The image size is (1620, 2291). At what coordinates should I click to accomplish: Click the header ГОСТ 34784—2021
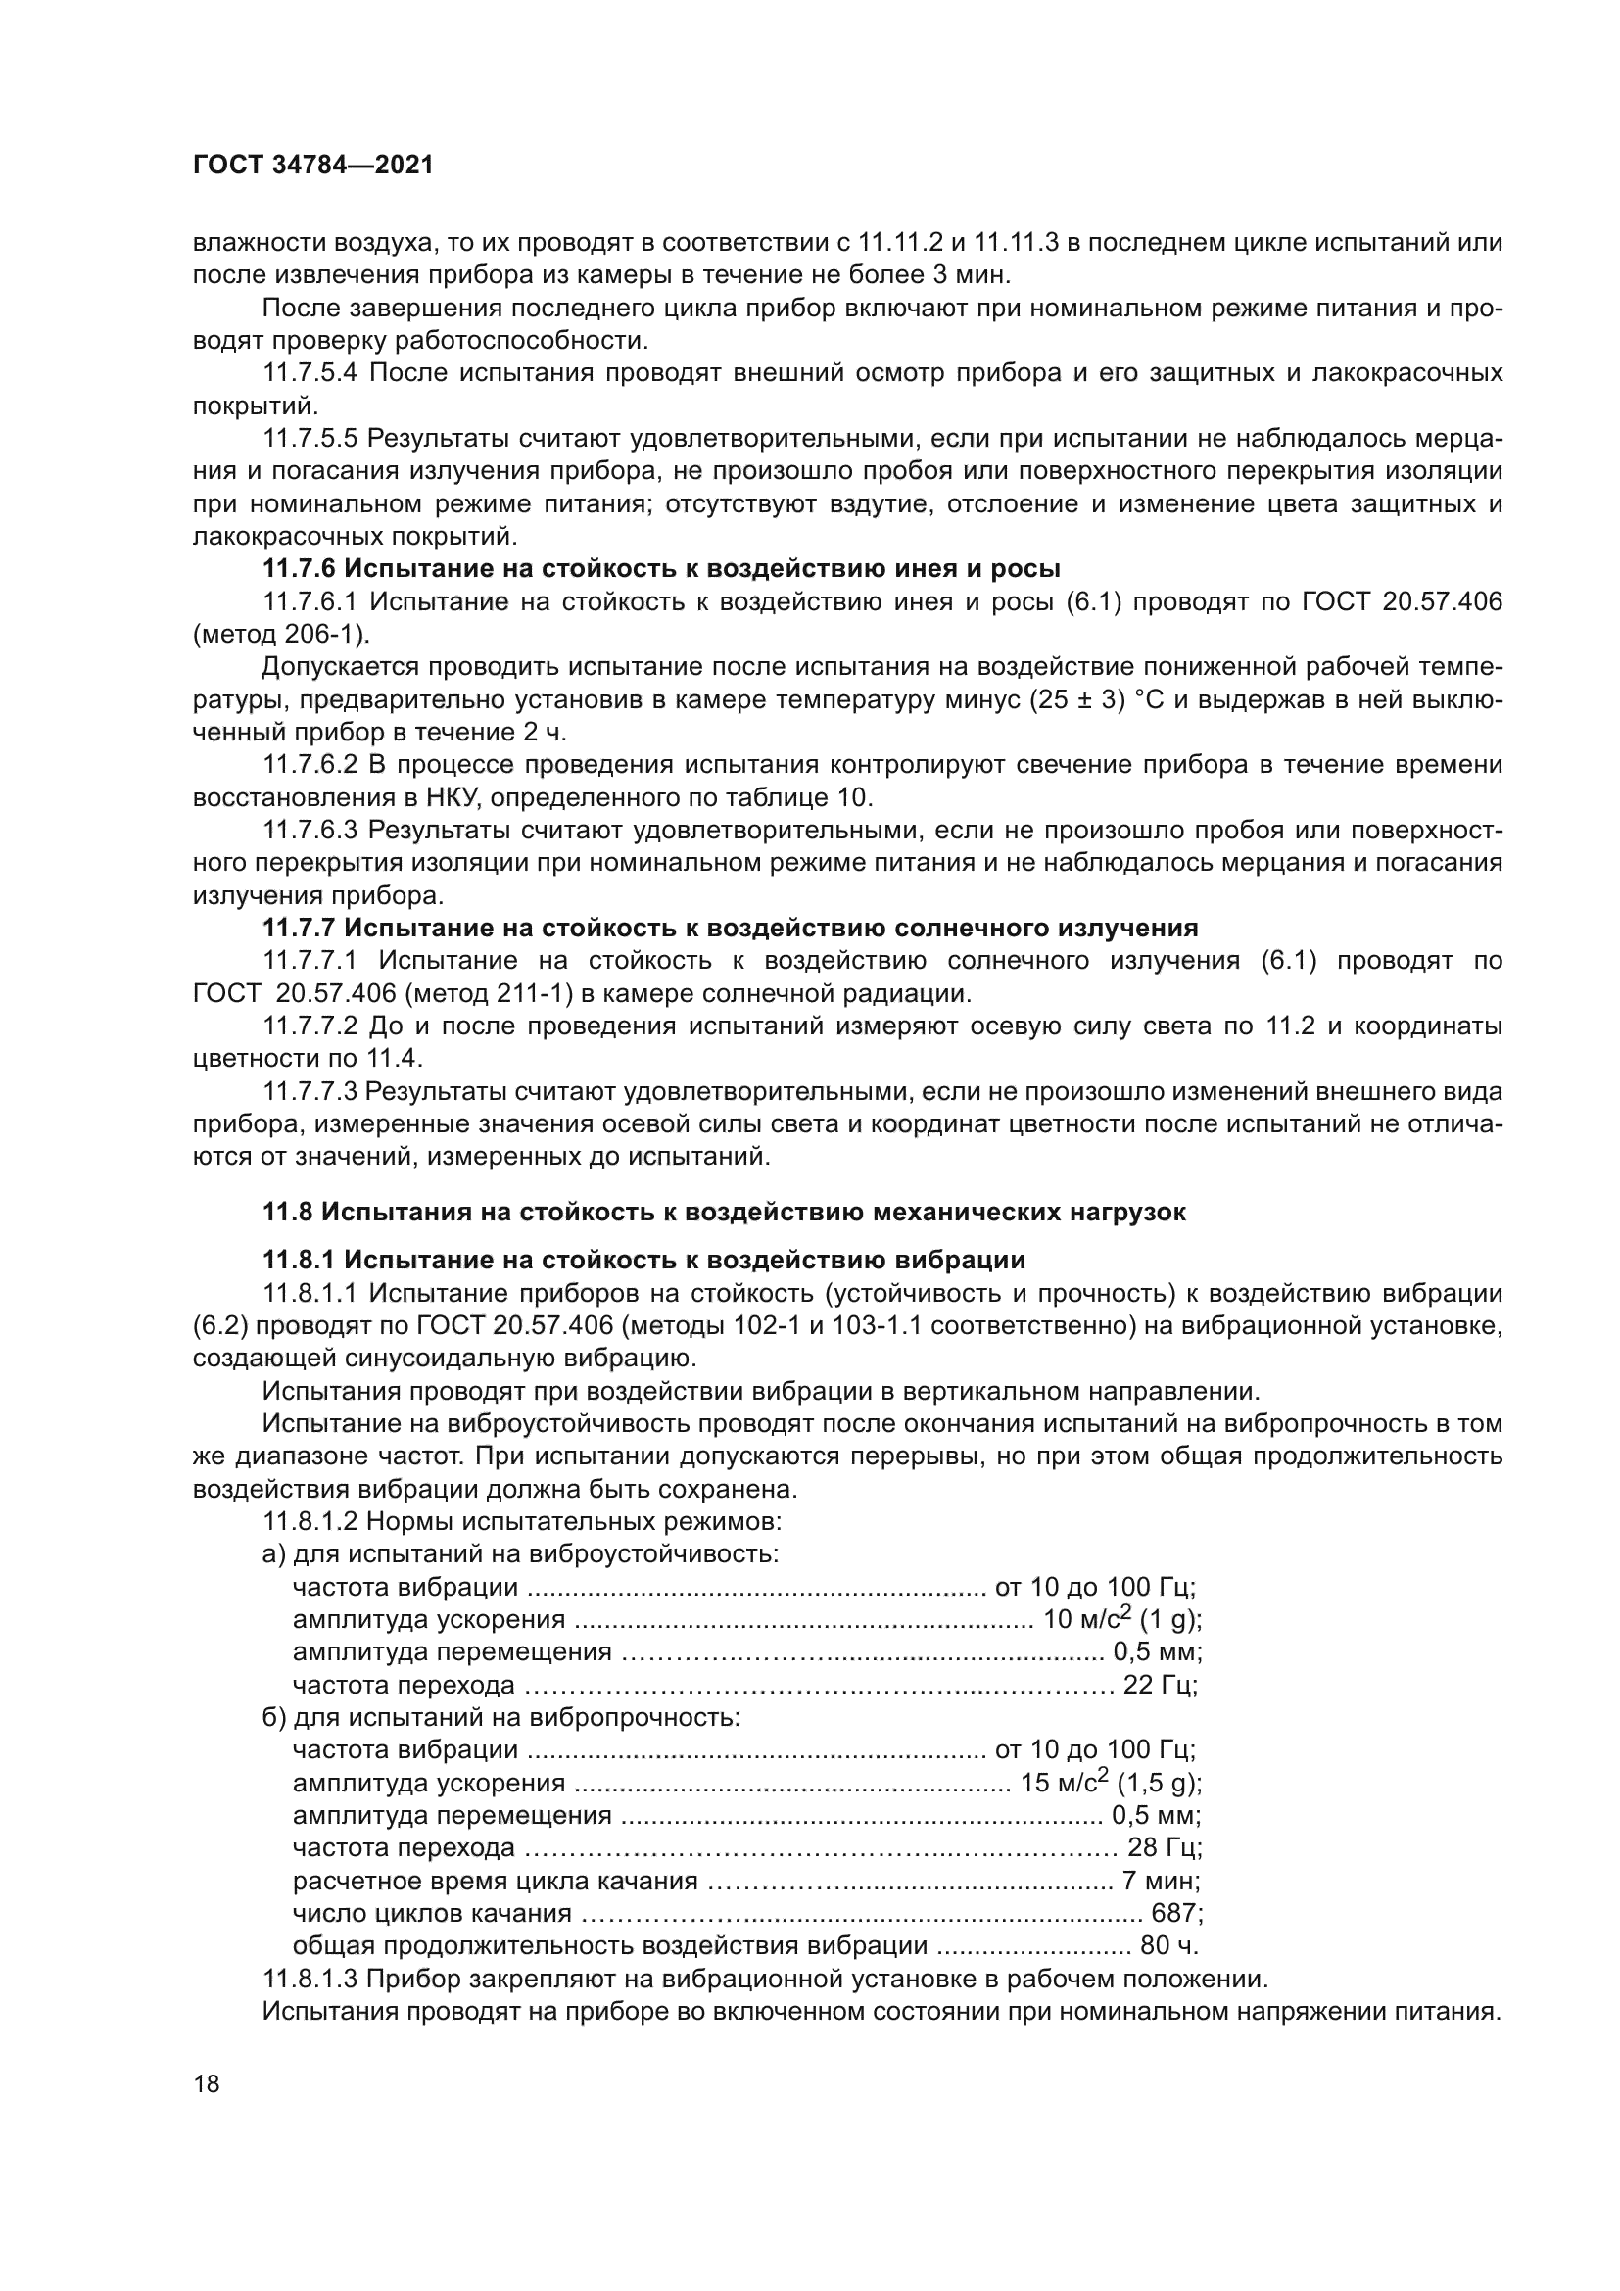click(x=313, y=166)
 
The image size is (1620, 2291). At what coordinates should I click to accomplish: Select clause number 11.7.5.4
click(x=311, y=373)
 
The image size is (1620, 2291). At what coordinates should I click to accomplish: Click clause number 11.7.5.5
click(x=311, y=438)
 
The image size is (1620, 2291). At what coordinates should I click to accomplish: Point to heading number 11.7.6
click(x=299, y=569)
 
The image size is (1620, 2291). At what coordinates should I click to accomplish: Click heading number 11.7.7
click(x=299, y=928)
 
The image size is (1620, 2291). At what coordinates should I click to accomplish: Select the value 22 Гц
click(x=1159, y=1686)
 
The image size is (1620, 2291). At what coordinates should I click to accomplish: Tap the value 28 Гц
click(x=1164, y=1848)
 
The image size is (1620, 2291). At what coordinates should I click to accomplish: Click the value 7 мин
click(x=1159, y=1881)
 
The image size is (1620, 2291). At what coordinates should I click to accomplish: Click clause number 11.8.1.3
click(x=311, y=1979)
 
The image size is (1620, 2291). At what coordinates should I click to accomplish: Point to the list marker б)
click(x=273, y=1718)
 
